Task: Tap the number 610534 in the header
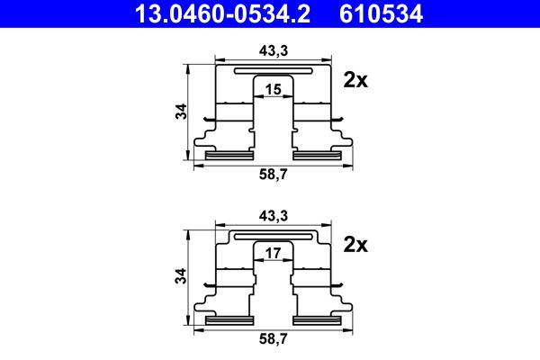tap(380, 13)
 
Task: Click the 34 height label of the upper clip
tap(182, 112)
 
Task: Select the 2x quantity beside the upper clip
tap(356, 80)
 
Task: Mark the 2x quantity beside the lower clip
tap(356, 245)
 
